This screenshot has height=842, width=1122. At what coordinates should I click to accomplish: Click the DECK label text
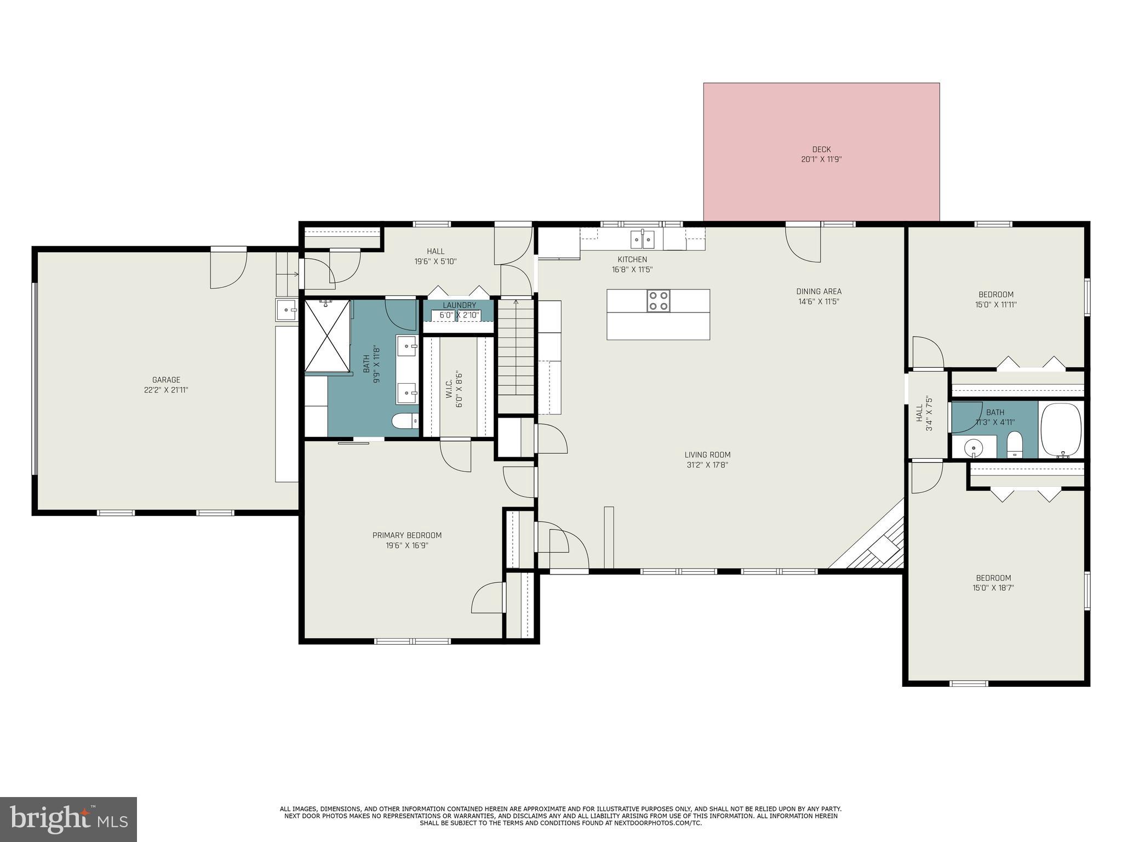[821, 149]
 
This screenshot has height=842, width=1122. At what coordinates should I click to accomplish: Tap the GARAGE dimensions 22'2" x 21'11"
[166, 390]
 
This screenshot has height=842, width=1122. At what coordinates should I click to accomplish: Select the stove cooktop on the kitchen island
[658, 300]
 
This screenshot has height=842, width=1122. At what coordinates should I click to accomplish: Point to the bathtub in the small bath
[1061, 430]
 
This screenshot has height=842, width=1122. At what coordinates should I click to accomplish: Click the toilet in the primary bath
[405, 421]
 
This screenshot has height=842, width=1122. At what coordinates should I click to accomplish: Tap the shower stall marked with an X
[327, 335]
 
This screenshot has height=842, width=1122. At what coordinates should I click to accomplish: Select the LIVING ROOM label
[707, 454]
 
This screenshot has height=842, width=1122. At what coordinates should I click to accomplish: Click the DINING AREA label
[818, 291]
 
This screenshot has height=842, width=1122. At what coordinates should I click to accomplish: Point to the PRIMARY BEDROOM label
[407, 535]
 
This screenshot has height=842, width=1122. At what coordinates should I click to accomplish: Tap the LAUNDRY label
[459, 305]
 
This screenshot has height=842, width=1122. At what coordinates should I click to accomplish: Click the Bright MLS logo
[68, 819]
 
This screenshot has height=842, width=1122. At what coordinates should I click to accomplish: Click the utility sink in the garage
[287, 310]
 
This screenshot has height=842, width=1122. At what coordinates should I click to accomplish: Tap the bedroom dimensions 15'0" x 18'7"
[993, 588]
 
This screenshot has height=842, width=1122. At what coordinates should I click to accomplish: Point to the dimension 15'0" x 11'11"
[995, 305]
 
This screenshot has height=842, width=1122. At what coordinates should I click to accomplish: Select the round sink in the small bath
[974, 447]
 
